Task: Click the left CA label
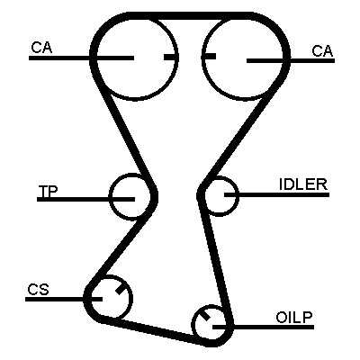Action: pos(41,48)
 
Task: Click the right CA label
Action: pos(322,51)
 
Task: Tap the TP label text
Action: pos(48,192)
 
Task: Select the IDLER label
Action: pos(303,184)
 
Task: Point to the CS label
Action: pos(38,290)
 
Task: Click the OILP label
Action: pos(294,318)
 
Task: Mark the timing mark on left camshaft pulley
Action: pos(171,57)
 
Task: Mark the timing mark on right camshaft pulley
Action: pos(209,56)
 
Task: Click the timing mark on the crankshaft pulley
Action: pos(121,289)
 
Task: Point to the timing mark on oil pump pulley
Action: pos(205,316)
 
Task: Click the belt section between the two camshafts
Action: pos(190,15)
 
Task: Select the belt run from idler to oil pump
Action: pos(217,264)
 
